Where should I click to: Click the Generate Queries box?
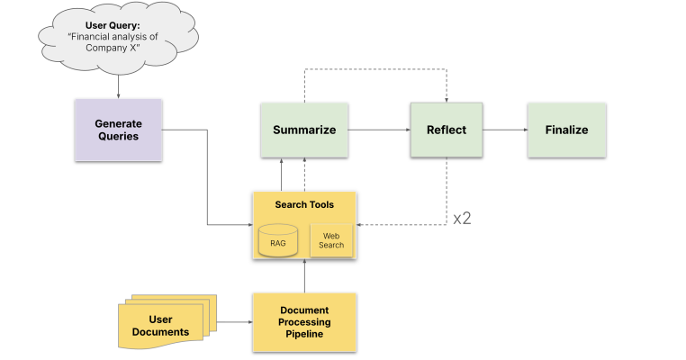118,130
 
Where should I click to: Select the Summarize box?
304,130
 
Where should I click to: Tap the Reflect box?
446,130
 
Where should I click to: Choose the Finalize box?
566,130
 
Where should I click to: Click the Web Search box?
331,240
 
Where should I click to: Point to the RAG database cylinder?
277,240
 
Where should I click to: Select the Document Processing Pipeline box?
304,322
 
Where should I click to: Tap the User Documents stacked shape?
163,325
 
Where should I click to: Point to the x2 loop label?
462,219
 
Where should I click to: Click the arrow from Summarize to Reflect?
378,130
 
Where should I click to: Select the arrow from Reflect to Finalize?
504,130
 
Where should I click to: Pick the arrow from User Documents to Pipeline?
231,322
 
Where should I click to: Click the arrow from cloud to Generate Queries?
118,85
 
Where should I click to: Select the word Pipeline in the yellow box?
304,334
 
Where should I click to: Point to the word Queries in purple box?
118,137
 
